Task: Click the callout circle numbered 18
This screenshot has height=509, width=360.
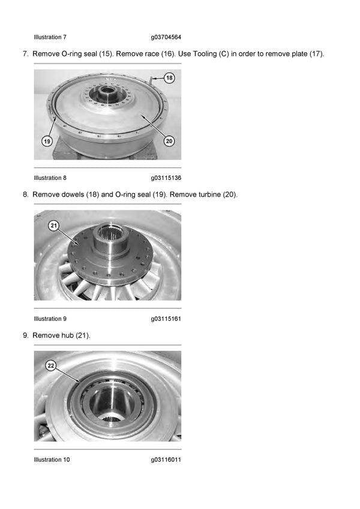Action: pos(170,78)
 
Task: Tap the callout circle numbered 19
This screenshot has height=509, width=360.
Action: pos(46,141)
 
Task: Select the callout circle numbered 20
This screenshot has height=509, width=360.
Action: pos(169,141)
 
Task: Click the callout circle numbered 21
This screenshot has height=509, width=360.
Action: pos(53,225)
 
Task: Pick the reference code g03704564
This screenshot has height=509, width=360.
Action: pos(166,37)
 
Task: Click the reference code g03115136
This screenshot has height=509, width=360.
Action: pos(166,178)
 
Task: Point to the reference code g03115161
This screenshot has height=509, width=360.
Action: pos(166,319)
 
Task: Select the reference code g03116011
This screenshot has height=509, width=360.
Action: pos(166,460)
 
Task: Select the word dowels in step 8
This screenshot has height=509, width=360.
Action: pos(72,195)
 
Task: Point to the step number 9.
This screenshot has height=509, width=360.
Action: pos(25,336)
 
